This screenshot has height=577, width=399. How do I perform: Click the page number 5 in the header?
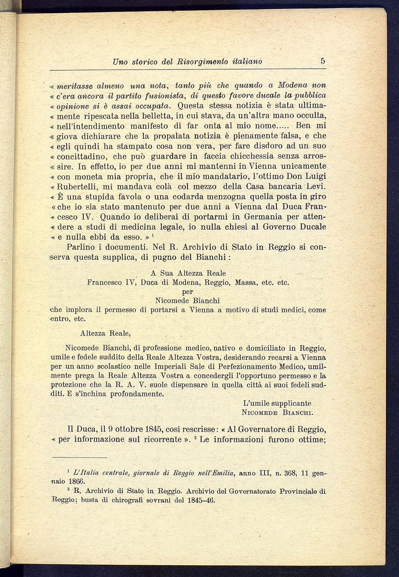pos(323,61)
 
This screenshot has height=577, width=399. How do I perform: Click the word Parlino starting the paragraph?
pos(81,247)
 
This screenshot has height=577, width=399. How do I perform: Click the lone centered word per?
pos(188,292)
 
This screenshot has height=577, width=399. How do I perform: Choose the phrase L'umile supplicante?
pos(277,403)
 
